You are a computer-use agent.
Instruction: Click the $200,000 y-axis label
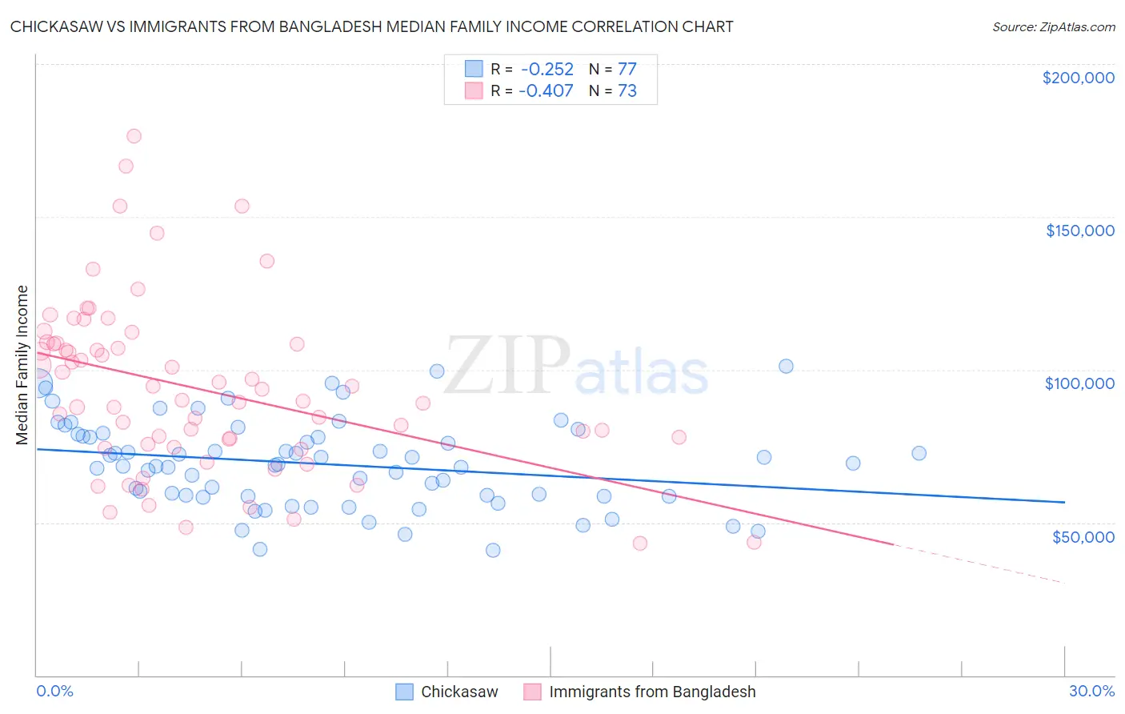1078,78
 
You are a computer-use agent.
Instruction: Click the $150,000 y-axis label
1079,231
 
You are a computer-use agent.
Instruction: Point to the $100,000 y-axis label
1079,383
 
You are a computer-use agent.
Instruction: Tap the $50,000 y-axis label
1083,536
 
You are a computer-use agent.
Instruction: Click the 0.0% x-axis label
54,691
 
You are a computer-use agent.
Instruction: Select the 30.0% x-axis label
1091,691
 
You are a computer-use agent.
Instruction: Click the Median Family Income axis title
22,365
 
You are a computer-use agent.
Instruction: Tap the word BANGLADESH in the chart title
330,26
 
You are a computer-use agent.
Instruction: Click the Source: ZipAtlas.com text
1053,26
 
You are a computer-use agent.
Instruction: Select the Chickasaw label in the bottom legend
459,692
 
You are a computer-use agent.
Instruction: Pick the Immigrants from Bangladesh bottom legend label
652,692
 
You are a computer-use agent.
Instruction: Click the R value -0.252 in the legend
546,69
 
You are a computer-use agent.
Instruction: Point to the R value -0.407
546,90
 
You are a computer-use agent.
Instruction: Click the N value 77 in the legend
627,69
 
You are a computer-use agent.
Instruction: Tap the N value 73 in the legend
627,90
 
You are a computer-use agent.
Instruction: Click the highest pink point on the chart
134,136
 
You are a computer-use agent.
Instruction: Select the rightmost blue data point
919,453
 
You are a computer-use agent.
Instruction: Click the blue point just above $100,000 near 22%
786,366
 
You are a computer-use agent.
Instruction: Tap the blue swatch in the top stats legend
474,69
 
